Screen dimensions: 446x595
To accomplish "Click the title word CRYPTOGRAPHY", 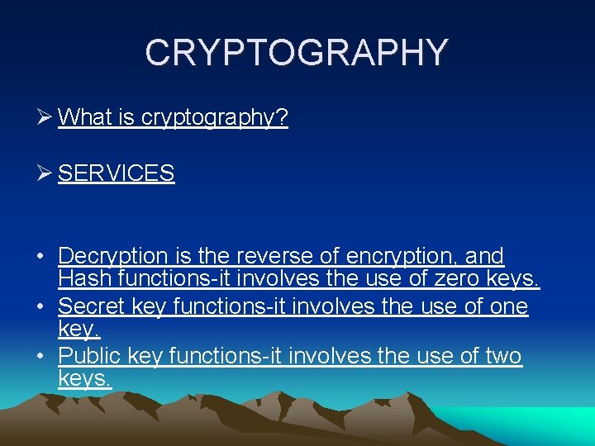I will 297,53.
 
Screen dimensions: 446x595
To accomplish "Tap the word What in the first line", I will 84,118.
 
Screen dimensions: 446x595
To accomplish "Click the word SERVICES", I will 117,173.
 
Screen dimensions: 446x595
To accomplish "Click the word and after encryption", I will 484,257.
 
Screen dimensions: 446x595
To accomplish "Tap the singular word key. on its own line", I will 79,330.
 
